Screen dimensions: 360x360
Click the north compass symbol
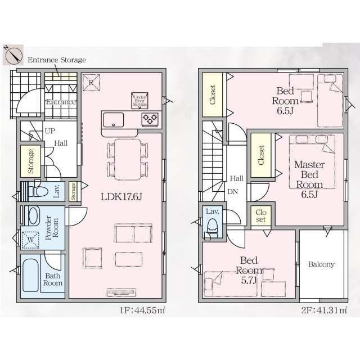13,55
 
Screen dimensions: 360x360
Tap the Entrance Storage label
57,60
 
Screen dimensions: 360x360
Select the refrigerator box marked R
91,83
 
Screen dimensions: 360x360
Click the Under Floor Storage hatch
139,101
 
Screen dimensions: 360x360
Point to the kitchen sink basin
113,120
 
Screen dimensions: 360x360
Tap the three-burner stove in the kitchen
150,119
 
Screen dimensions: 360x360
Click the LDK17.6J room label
121,197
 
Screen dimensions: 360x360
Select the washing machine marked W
30,240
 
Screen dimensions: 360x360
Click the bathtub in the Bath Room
30,275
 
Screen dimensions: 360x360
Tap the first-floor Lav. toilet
38,191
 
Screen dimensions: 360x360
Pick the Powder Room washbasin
33,216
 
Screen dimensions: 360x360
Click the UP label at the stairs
50,131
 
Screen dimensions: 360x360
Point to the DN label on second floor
233,191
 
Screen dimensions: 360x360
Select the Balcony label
321,264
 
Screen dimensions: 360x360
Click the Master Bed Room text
309,175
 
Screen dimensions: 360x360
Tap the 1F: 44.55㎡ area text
142,310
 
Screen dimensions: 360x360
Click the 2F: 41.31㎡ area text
324,310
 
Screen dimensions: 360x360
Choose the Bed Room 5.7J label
249,271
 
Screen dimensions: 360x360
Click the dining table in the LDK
128,159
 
